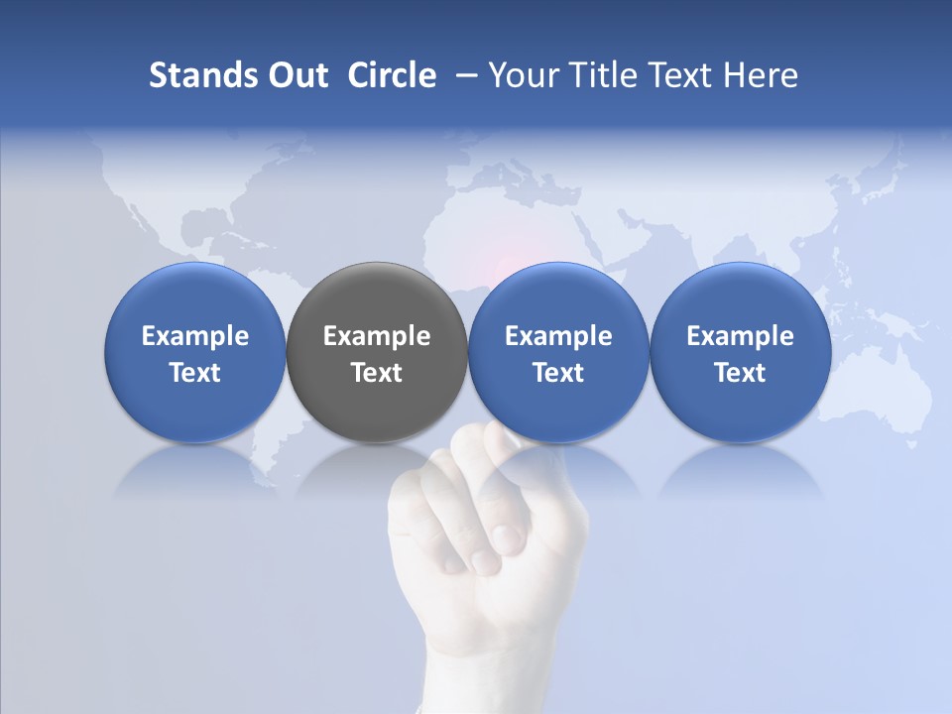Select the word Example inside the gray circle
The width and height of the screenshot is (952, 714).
click(377, 336)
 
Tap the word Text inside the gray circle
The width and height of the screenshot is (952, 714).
click(377, 373)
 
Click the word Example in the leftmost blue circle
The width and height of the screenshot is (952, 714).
click(195, 336)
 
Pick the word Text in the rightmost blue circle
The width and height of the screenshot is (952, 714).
click(740, 373)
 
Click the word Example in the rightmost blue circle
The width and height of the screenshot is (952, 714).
click(740, 336)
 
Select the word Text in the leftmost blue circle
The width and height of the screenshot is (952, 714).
click(195, 373)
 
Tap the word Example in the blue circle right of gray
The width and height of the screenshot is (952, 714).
click(558, 336)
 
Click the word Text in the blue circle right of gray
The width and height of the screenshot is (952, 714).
click(558, 373)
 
